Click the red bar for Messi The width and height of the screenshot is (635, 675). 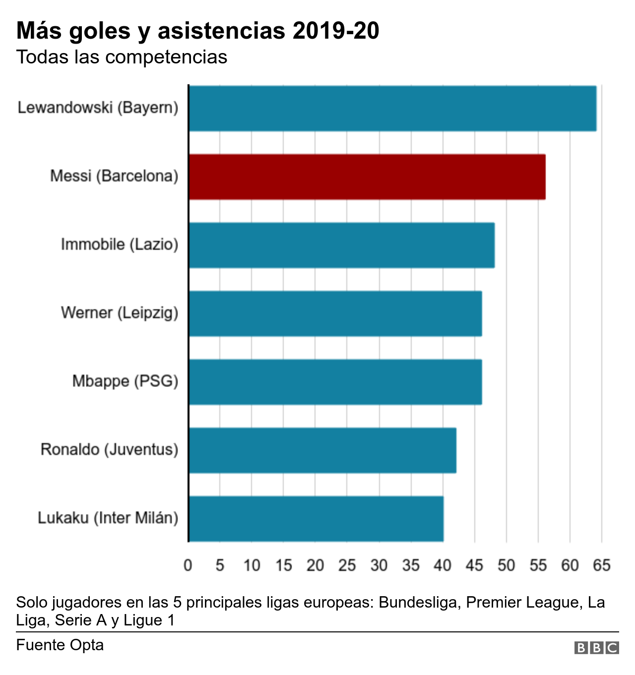point(367,177)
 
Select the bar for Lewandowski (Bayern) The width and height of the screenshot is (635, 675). point(392,109)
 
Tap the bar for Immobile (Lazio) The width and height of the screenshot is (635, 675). point(341,245)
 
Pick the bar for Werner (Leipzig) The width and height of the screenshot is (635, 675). point(335,314)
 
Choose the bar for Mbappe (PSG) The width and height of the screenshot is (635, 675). point(335,382)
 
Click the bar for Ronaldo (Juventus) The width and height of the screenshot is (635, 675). point(322,450)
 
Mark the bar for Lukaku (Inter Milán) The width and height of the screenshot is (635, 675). point(316,519)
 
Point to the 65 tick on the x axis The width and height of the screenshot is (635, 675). point(601,565)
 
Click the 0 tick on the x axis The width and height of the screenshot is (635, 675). point(188,565)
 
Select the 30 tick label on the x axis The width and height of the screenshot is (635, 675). point(379,565)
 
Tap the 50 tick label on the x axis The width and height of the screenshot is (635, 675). point(506,565)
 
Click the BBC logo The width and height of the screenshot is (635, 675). point(596,648)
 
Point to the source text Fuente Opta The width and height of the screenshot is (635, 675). point(60,645)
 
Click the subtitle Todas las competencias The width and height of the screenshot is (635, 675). point(122,57)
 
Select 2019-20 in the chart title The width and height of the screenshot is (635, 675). point(336,31)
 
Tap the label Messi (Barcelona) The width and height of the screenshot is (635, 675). point(114,176)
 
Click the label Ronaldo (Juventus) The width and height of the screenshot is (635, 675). point(109,450)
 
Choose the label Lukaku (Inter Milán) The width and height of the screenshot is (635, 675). point(108,518)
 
